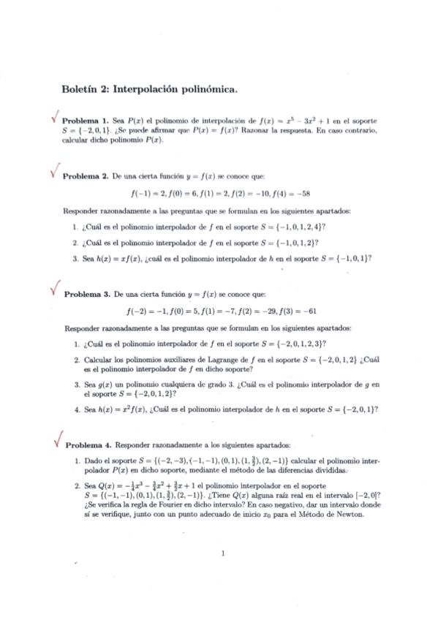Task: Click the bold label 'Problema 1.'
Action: pos(85,121)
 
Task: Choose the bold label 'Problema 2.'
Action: pos(86,176)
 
